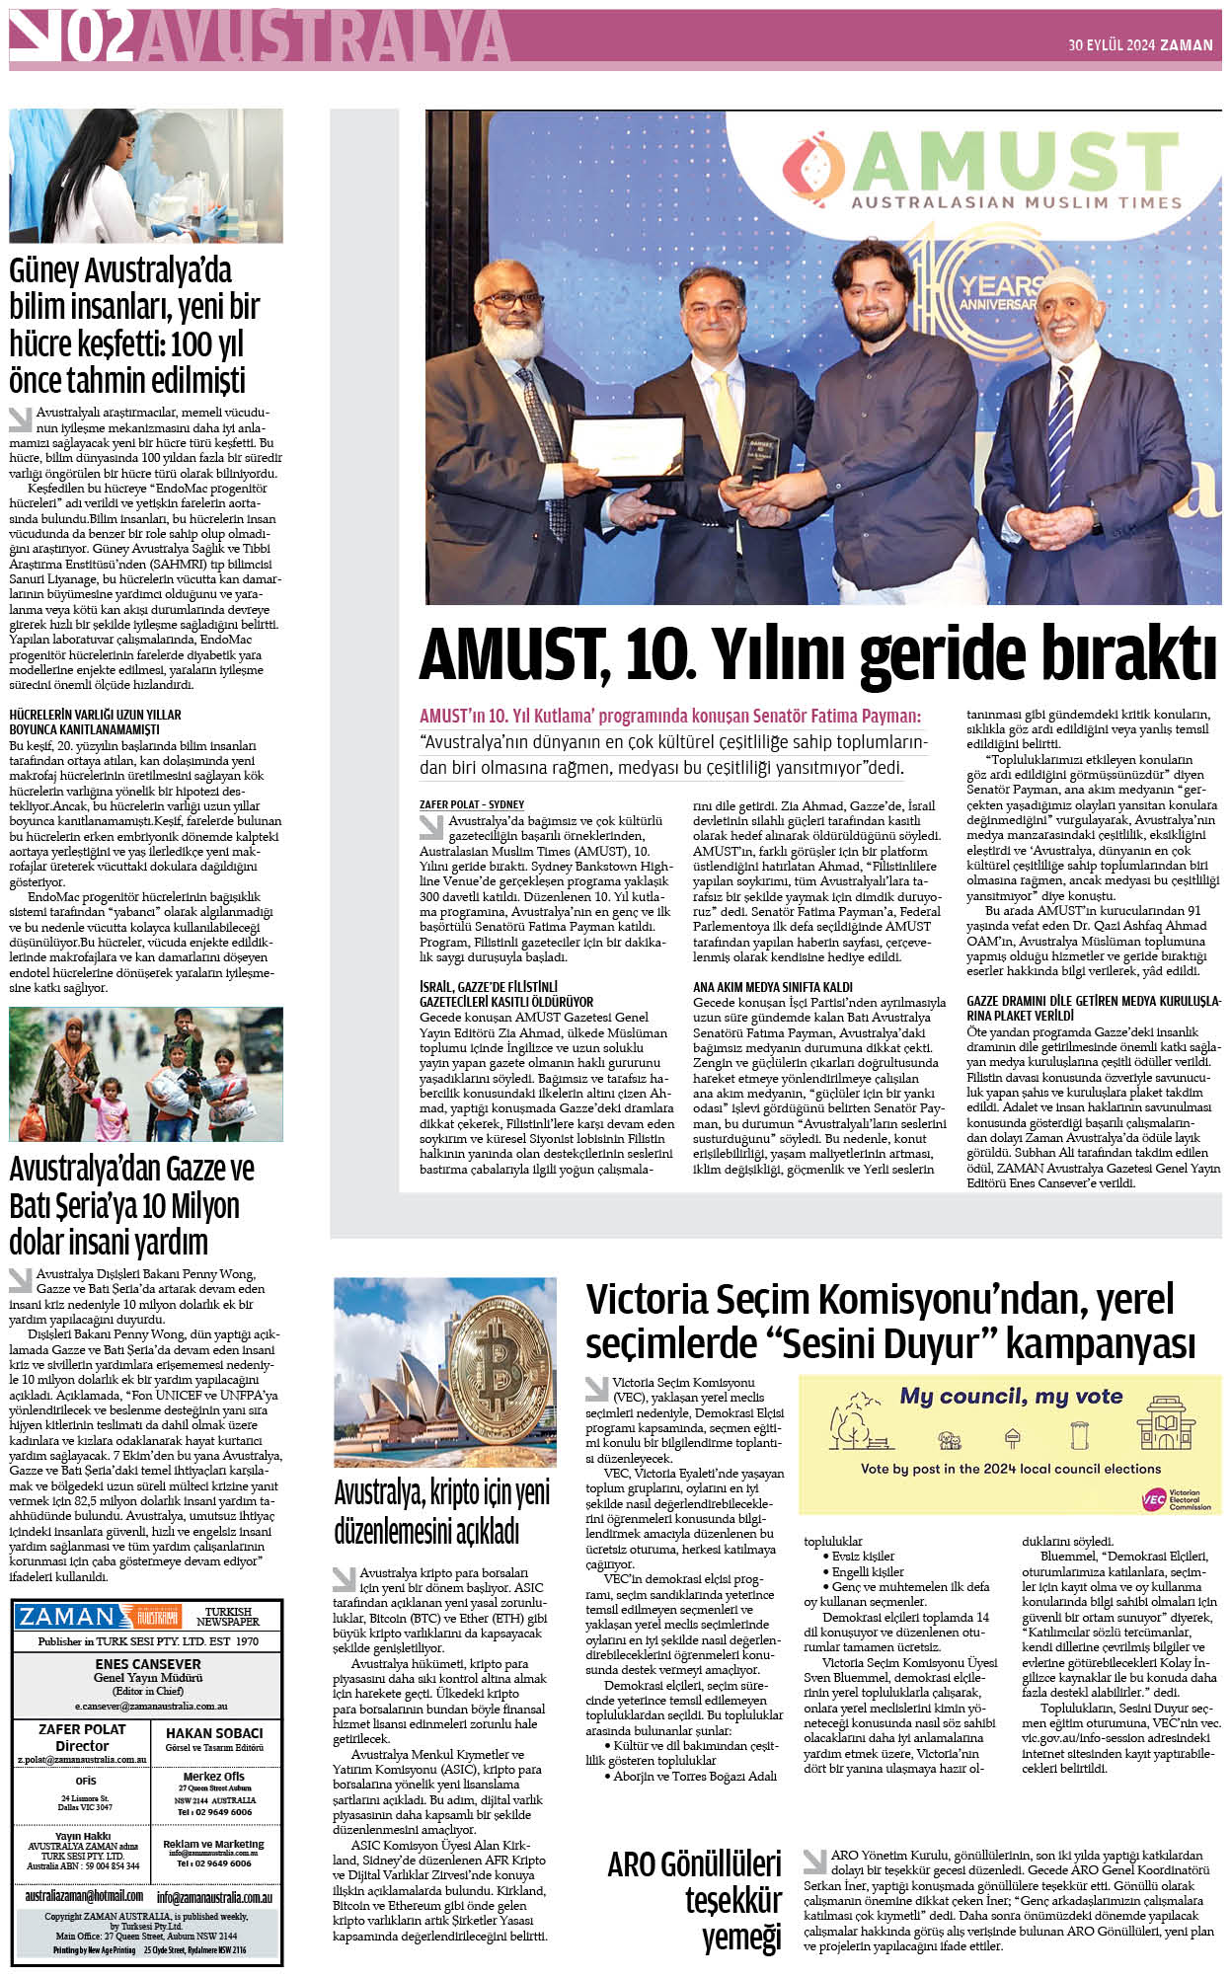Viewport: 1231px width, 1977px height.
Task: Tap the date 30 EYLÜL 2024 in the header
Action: [1112, 44]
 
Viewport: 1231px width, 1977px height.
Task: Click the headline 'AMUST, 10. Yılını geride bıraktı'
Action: [816, 654]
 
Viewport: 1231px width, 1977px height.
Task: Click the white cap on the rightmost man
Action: [1066, 283]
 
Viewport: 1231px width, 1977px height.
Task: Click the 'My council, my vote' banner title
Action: [1010, 1397]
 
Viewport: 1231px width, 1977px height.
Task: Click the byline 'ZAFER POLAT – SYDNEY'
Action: [472, 804]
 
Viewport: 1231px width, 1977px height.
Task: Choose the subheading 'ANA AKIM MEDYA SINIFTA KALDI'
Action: [772, 986]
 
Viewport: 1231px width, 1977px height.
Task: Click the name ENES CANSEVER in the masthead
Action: [147, 1664]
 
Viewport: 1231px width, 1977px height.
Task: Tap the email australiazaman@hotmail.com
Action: [83, 1896]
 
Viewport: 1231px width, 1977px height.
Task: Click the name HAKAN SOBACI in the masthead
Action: [214, 1733]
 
